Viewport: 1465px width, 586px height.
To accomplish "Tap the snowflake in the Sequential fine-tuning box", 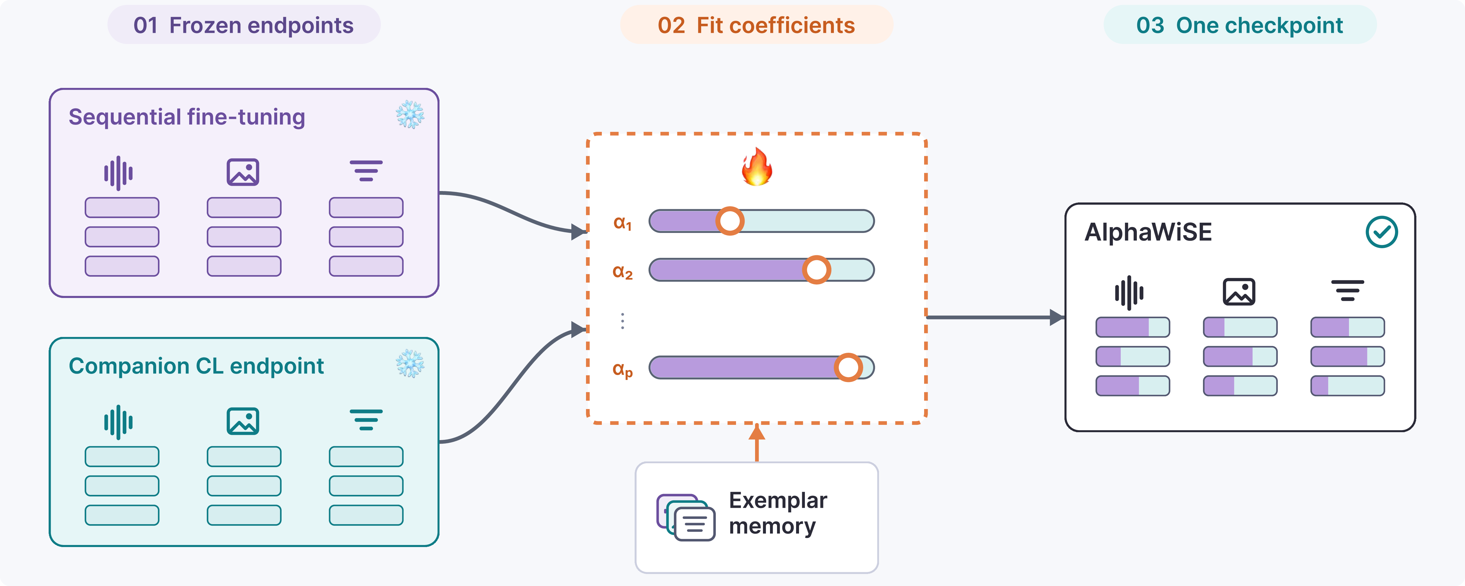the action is tap(410, 115).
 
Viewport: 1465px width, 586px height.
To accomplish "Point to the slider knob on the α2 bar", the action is tap(817, 270).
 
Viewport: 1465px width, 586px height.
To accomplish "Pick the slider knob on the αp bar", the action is tap(849, 367).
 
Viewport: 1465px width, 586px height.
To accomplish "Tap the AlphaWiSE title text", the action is tap(1148, 232).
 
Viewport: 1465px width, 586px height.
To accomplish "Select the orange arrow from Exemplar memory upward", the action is tap(757, 443).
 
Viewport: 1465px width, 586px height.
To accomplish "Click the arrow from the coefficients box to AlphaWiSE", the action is tap(995, 317).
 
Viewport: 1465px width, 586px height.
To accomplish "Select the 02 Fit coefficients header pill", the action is tap(757, 25).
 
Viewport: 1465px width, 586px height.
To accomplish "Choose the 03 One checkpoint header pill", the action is tap(1240, 25).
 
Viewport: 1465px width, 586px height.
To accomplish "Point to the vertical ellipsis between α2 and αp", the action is tap(623, 321).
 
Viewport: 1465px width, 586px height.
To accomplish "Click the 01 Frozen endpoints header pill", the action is tap(244, 25).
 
